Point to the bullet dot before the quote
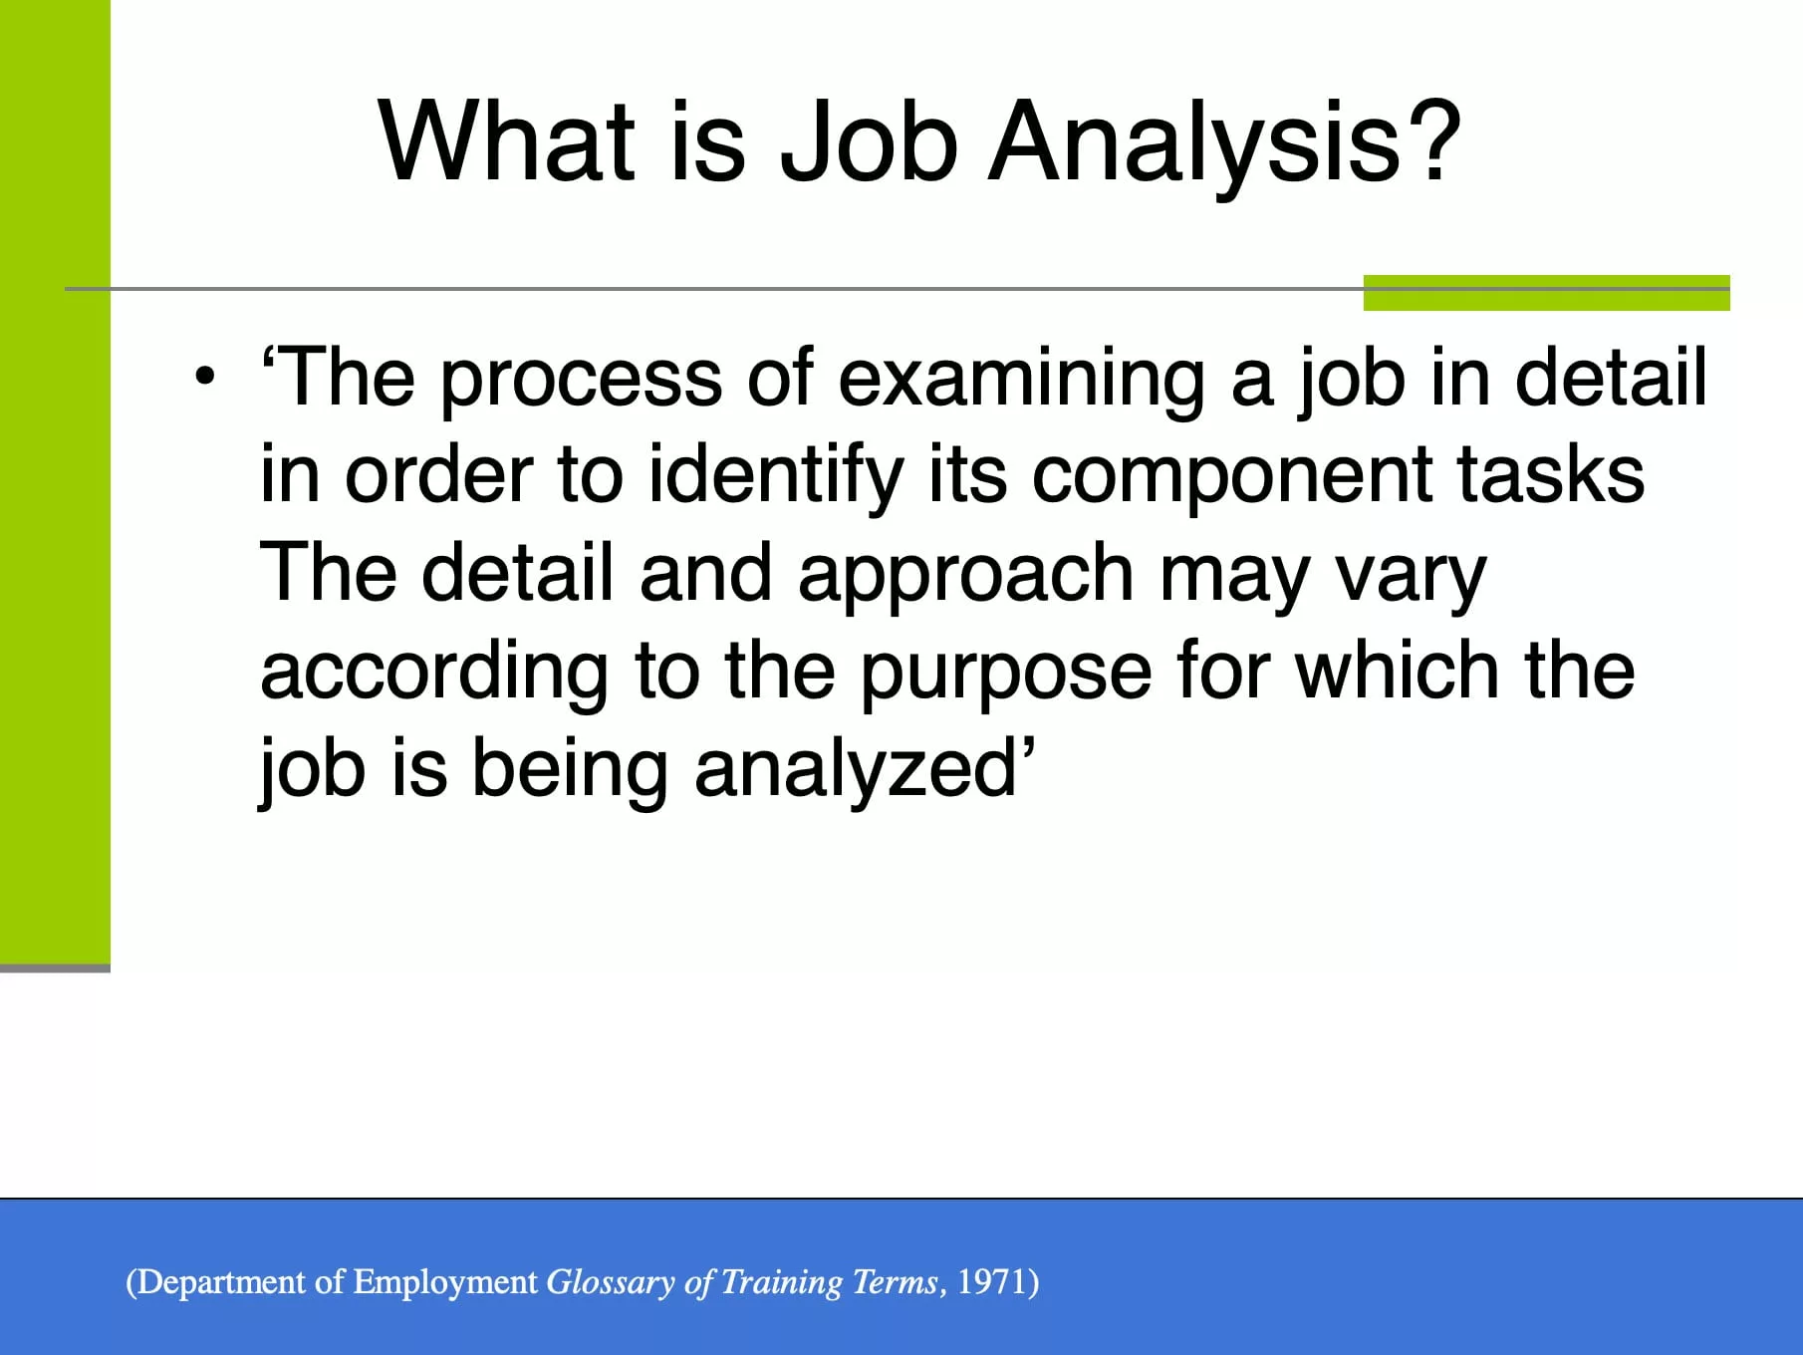[x=205, y=378]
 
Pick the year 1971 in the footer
[x=993, y=1281]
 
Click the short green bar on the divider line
[x=1546, y=293]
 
